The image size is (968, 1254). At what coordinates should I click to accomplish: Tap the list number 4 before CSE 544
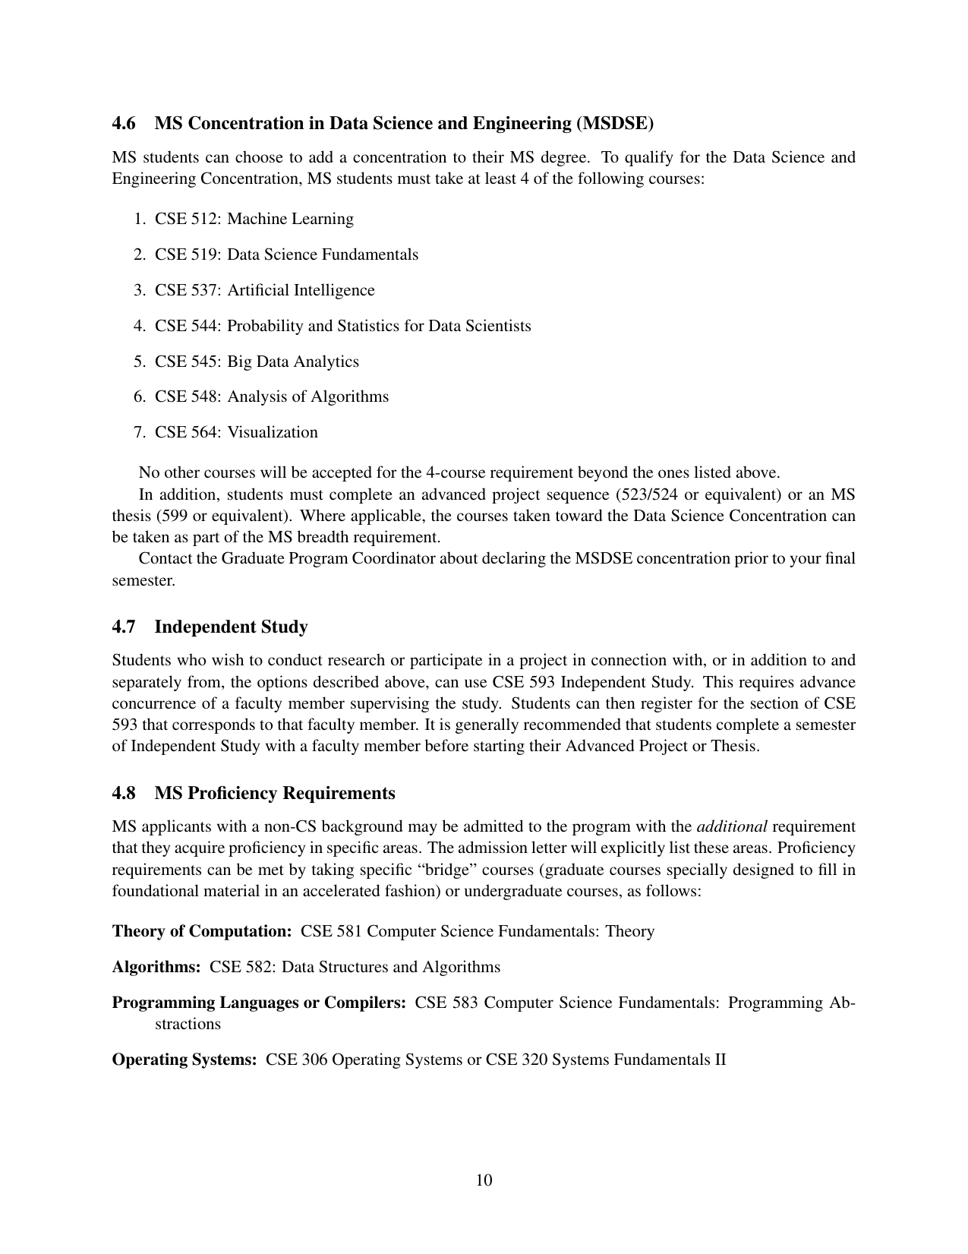click(x=139, y=327)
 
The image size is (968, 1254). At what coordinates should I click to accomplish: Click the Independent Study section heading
click(x=231, y=627)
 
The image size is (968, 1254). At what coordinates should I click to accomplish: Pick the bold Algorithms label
click(x=156, y=968)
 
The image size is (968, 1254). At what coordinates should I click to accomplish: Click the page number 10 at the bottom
click(x=484, y=1180)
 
